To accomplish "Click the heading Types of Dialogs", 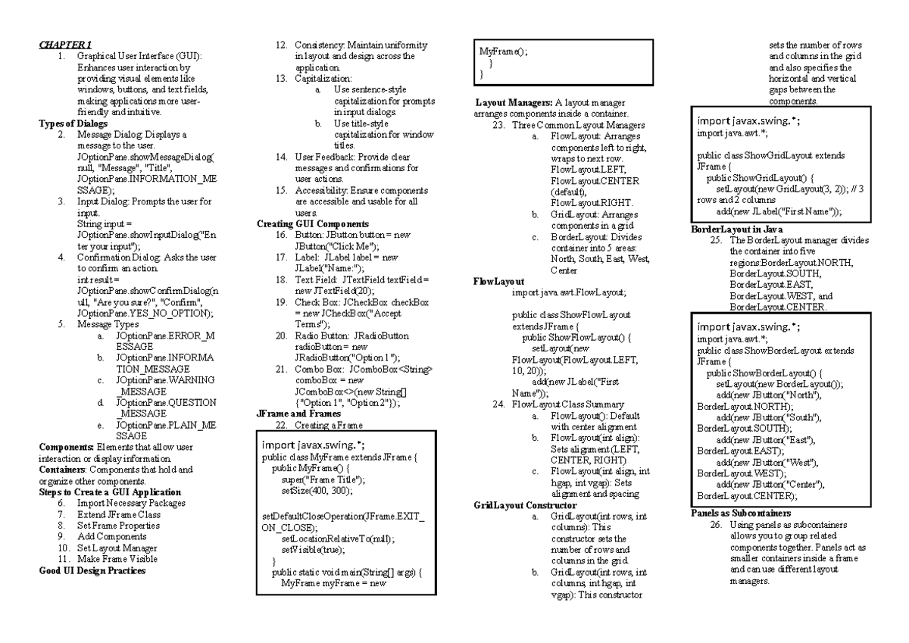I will pos(73,123).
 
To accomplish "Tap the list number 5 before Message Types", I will pos(60,324).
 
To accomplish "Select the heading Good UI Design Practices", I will pos(92,571).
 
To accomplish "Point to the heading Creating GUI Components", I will pos(312,224).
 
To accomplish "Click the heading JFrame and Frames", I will pos(299,414).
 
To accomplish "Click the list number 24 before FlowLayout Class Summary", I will pos(498,404).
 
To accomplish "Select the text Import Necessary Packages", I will pos(131,503).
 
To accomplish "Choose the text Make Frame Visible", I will pos(117,560).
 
